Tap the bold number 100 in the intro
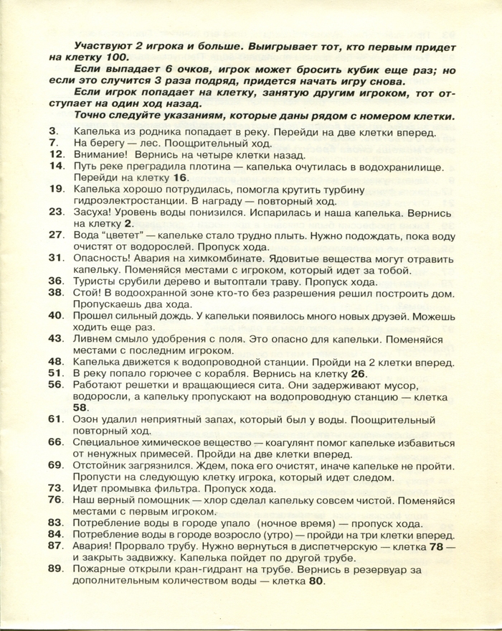118,57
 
